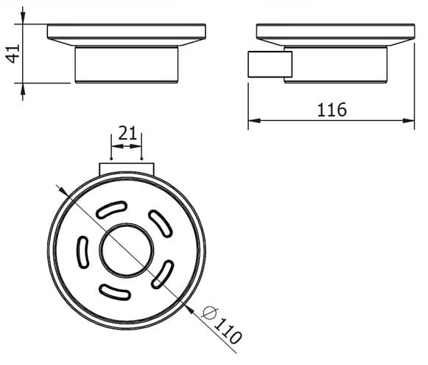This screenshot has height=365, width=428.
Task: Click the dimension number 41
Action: pyautogui.click(x=13, y=54)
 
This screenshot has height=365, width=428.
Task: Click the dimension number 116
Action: pyautogui.click(x=331, y=110)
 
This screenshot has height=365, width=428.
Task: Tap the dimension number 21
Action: pyautogui.click(x=127, y=133)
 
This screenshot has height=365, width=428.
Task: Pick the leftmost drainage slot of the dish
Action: pyautogui.click(x=83, y=252)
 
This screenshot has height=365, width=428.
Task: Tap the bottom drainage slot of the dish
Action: pyautogui.click(x=115, y=292)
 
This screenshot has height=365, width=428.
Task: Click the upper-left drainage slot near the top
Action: pyautogui.click(x=112, y=209)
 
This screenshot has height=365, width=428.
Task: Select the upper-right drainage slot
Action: pyautogui.click(x=161, y=223)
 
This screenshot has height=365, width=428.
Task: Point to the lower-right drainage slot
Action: pyautogui.click(x=162, y=274)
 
